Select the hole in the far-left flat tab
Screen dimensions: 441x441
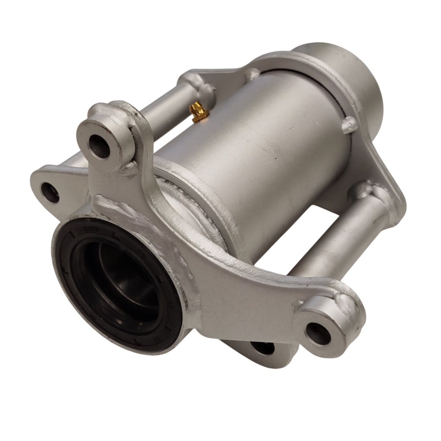coord(50,192)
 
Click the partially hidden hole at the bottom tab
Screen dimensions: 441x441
coord(263,348)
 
